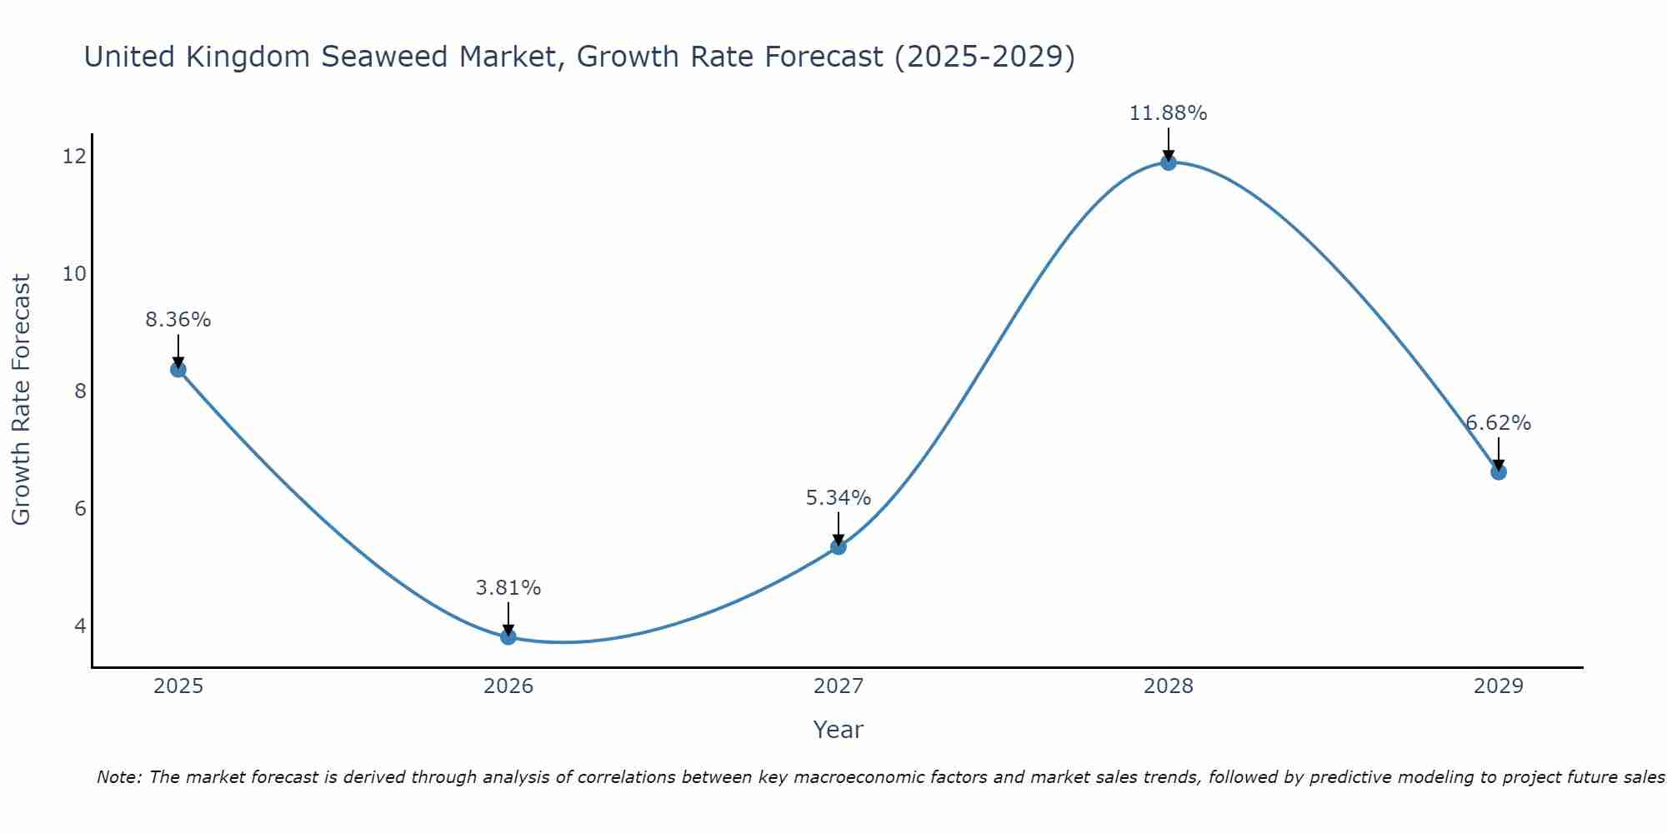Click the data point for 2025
tap(178, 369)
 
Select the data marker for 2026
tap(508, 637)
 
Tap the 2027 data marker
tap(839, 547)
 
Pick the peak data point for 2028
tap(1169, 162)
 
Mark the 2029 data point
tap(1499, 472)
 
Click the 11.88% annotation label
tap(1168, 113)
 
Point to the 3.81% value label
tap(508, 588)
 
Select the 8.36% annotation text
tap(178, 320)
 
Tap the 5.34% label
tap(839, 498)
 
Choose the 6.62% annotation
tap(1499, 423)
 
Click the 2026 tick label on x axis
tap(508, 686)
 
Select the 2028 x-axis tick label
tap(1169, 686)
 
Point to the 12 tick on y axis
tap(74, 156)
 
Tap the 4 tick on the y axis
tap(80, 626)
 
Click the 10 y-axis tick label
tap(74, 273)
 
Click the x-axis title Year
tap(838, 730)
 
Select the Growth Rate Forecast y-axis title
tap(22, 400)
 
